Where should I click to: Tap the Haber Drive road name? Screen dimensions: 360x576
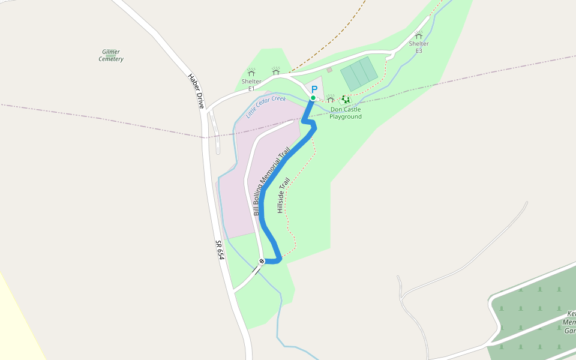click(196, 91)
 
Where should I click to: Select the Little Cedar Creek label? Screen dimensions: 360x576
click(266, 106)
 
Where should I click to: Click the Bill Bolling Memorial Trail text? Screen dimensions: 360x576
click(272, 181)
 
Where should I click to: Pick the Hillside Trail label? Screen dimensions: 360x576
click(283, 196)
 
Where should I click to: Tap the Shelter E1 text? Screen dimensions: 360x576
click(251, 85)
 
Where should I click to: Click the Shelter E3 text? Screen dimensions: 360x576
click(419, 47)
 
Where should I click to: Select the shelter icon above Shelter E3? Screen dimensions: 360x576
click(419, 35)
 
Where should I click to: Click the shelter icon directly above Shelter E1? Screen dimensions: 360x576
click(251, 72)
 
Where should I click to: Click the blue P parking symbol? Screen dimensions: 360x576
click(314, 89)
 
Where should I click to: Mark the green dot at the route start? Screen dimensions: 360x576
click(313, 98)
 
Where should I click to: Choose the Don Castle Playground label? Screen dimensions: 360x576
click(346, 113)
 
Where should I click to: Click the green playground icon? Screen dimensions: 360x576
click(346, 100)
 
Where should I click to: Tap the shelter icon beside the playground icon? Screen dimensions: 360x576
click(331, 99)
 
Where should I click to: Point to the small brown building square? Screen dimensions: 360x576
click(329, 70)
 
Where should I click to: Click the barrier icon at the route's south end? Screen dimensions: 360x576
click(262, 261)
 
